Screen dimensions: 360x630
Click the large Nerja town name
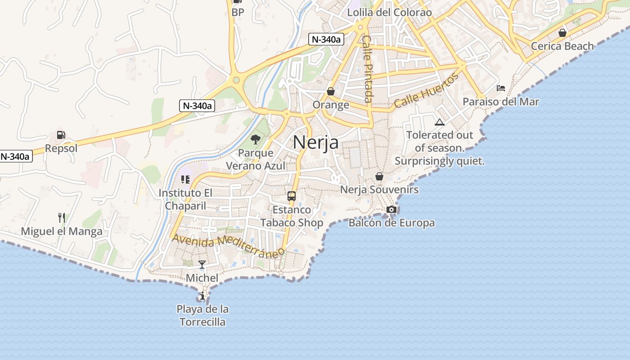(x=315, y=142)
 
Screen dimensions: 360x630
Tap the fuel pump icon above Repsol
(x=61, y=135)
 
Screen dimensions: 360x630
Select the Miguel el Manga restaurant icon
(x=62, y=218)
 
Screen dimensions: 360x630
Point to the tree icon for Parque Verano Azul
(x=256, y=139)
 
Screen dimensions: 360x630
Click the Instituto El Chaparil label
(x=185, y=199)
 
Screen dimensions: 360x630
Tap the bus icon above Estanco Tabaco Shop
(x=292, y=196)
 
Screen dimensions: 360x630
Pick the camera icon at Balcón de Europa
(x=391, y=209)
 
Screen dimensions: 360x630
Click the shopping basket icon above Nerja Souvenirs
(x=379, y=176)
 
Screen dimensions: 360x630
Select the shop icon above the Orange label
(x=331, y=91)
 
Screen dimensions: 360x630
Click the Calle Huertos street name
(x=426, y=90)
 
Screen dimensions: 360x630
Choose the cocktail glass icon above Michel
(x=202, y=264)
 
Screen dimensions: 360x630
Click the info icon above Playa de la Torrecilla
(x=202, y=296)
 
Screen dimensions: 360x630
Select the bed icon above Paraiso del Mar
(x=501, y=88)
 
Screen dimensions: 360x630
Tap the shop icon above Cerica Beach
(x=562, y=33)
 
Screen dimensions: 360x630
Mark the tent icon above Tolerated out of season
(x=440, y=122)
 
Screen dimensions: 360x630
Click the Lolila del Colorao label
(x=389, y=13)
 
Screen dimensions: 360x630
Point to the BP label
(x=238, y=13)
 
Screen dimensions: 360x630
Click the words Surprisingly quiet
(x=440, y=161)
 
